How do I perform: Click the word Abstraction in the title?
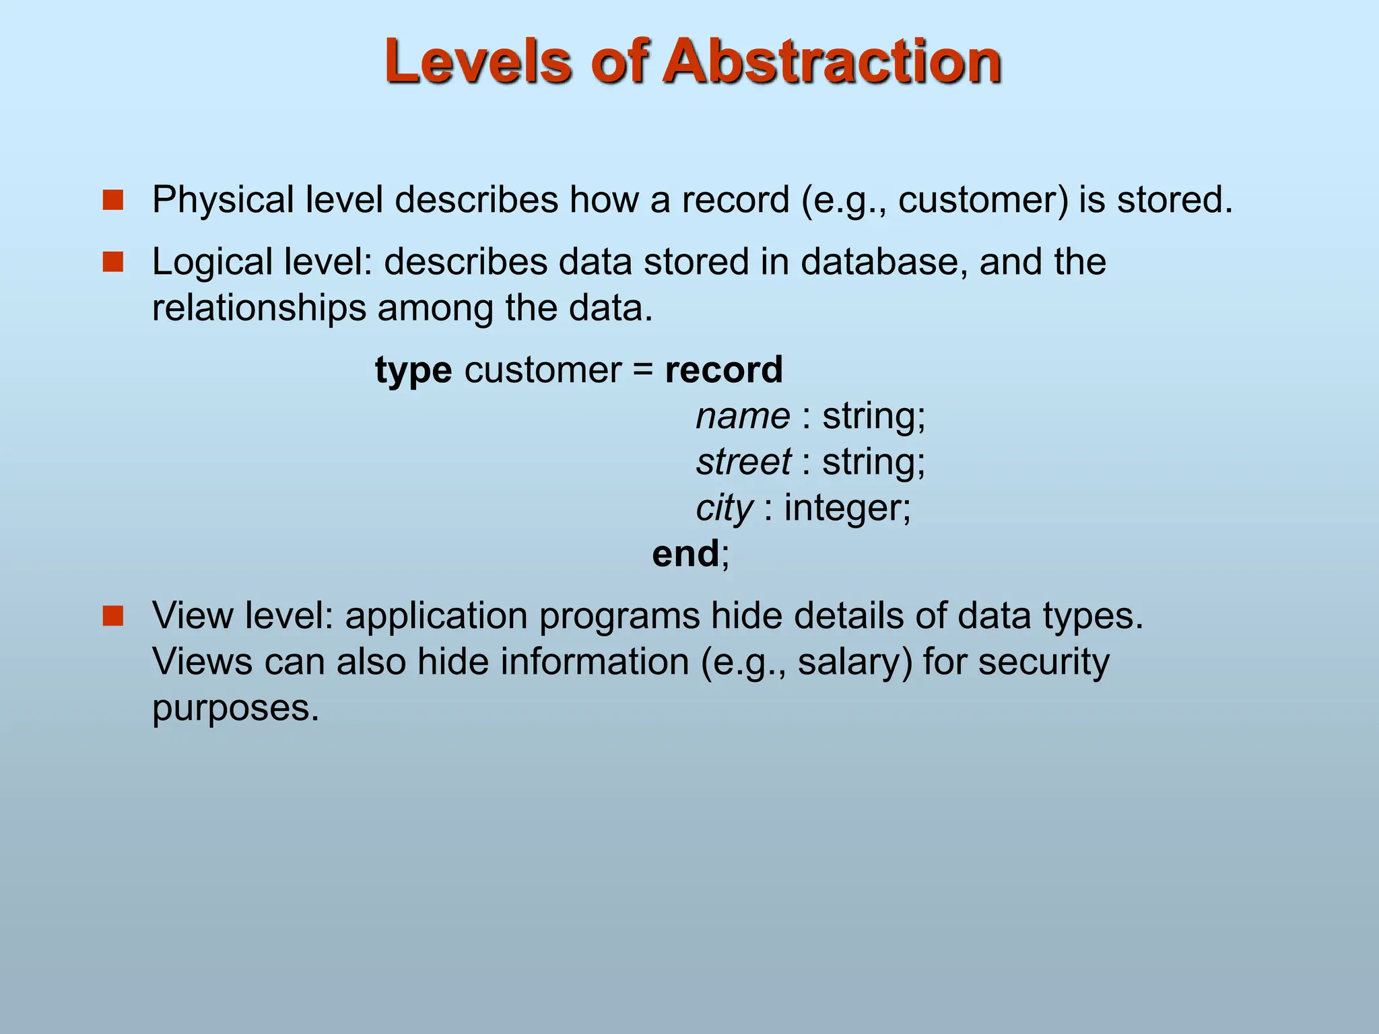(x=832, y=62)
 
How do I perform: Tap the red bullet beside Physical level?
(x=113, y=200)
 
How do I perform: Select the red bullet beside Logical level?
(x=113, y=262)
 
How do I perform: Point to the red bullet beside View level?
(x=113, y=615)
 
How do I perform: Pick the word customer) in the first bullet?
(x=982, y=201)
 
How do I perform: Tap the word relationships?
(x=259, y=308)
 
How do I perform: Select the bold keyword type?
(x=413, y=371)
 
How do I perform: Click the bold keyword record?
(x=724, y=370)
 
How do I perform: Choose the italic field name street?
(x=743, y=462)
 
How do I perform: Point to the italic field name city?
(x=725, y=508)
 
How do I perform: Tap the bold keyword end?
(x=685, y=554)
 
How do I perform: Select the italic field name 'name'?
(x=743, y=416)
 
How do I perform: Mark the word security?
(x=1043, y=662)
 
